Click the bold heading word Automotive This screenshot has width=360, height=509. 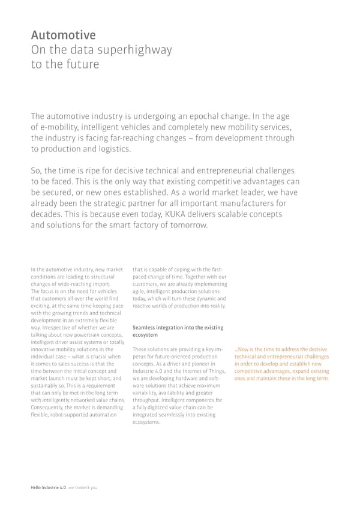click(63, 35)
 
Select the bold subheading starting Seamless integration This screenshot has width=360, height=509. click(177, 331)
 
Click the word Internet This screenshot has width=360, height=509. click(191, 370)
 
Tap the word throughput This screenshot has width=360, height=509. click(146, 399)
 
